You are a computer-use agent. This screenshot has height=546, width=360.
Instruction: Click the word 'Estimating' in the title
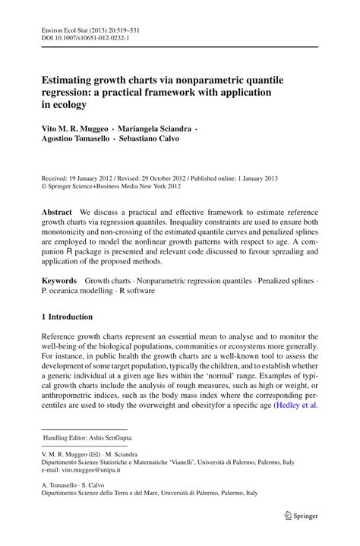tap(69, 78)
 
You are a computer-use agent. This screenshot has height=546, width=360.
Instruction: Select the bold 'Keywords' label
tap(60, 280)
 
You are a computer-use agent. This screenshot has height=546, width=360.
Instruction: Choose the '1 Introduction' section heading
tap(67, 316)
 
